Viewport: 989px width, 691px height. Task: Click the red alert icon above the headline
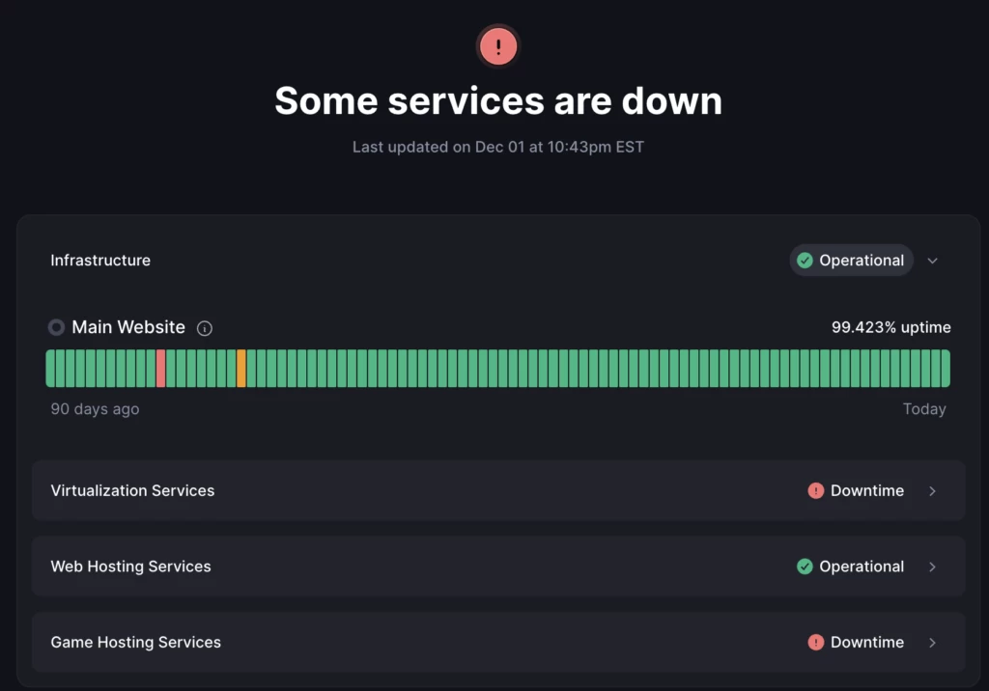(x=497, y=46)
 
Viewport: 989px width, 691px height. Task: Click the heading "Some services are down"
(x=497, y=100)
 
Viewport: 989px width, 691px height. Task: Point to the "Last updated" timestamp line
(x=497, y=148)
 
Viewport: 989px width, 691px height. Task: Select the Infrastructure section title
(x=100, y=261)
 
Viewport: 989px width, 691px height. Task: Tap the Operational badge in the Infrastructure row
(x=851, y=261)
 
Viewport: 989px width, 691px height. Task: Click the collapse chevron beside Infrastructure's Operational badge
(x=932, y=261)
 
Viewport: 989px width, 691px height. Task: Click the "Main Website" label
(x=128, y=327)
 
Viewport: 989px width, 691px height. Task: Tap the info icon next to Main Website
(x=205, y=328)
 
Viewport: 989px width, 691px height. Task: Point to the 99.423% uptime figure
(x=890, y=327)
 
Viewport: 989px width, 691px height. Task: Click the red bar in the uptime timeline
(x=160, y=369)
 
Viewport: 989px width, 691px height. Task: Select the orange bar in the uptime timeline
(x=241, y=369)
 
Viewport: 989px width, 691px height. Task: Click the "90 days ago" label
(x=95, y=409)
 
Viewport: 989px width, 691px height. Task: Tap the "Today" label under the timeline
(x=924, y=409)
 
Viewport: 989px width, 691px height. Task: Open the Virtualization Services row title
(x=132, y=490)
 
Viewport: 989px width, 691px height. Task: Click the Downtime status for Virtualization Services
(x=866, y=490)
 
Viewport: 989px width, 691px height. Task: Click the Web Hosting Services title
(x=130, y=567)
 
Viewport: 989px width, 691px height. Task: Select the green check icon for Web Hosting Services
(x=805, y=567)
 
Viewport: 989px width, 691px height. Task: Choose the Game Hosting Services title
(x=135, y=642)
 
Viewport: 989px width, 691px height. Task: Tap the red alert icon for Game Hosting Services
(x=816, y=642)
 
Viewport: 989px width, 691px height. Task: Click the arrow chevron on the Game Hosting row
(x=932, y=642)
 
